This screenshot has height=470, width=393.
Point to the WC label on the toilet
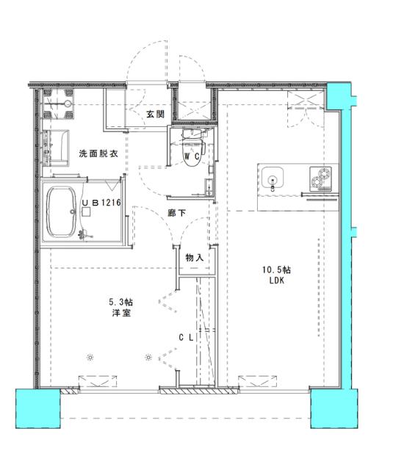coord(192,156)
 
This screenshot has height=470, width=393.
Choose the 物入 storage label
coord(194,258)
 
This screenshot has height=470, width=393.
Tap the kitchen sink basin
coord(273,178)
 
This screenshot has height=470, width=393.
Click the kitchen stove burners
coord(321,178)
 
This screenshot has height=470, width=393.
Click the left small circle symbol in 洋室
coord(90,358)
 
